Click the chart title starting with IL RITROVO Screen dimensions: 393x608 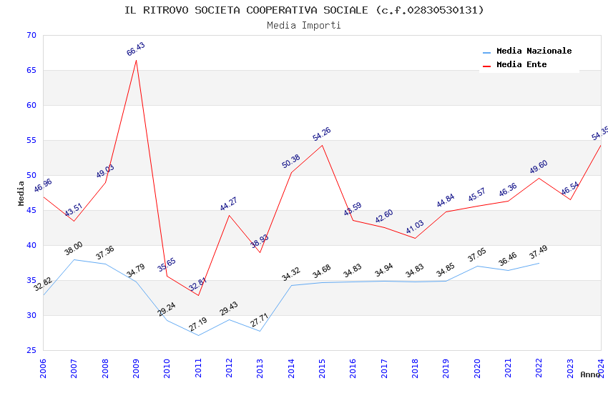(304, 10)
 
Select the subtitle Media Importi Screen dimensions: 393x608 (304, 26)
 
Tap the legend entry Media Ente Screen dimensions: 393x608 (521, 65)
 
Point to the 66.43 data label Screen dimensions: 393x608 (136, 49)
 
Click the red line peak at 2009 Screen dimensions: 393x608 (136, 60)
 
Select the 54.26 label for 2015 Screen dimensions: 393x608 (322, 134)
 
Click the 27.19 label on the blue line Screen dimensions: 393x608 (198, 324)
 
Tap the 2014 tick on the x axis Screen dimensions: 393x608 (291, 367)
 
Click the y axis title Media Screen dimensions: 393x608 (21, 193)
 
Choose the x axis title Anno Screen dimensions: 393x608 (590, 374)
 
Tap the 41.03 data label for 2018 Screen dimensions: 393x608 (415, 228)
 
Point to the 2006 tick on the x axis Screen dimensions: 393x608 (43, 367)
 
